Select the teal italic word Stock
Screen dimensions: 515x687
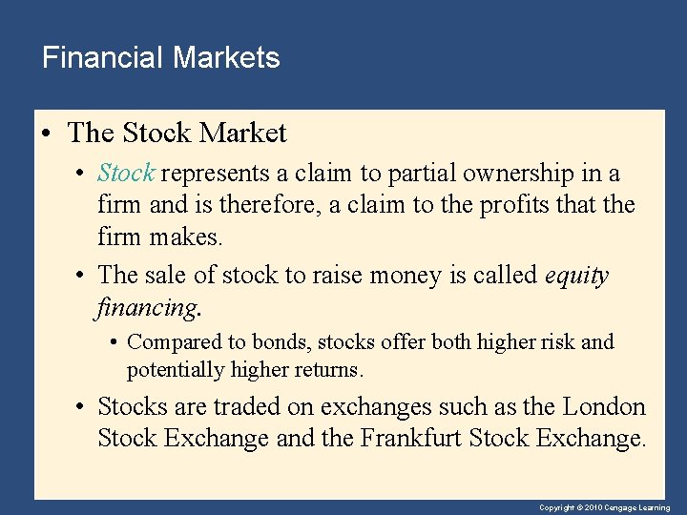point(126,174)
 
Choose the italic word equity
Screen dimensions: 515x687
point(575,276)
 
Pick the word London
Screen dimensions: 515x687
point(604,407)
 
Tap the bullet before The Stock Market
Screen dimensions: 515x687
point(45,134)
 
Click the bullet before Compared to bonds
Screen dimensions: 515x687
point(114,341)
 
